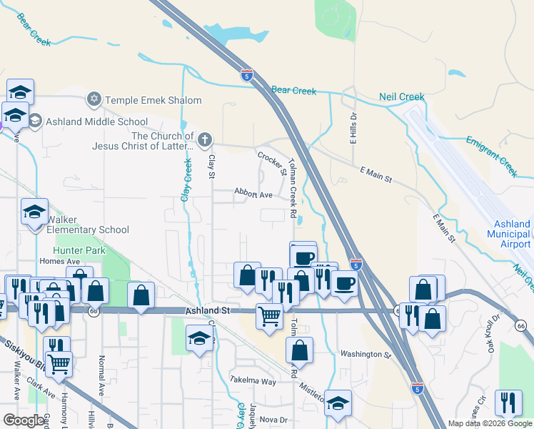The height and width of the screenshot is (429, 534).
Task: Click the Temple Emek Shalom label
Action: click(153, 100)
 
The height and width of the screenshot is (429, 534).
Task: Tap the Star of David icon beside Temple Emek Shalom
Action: click(94, 99)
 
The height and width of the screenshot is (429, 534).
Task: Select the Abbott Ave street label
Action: click(253, 194)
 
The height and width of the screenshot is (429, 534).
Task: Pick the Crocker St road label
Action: click(272, 162)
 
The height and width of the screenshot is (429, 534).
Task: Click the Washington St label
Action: click(366, 354)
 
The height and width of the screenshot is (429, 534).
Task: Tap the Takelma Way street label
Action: click(253, 381)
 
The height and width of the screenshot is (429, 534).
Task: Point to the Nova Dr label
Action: click(273, 420)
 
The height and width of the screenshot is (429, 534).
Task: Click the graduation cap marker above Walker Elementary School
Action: click(34, 212)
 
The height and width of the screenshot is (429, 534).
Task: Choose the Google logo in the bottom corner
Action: click(23, 420)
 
